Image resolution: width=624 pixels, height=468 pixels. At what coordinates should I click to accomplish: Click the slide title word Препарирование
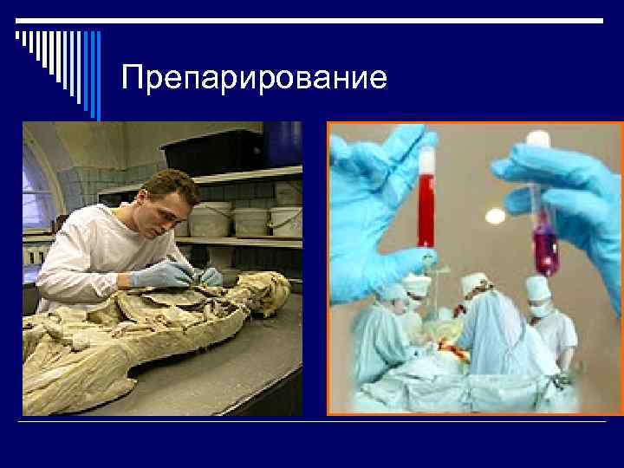click(x=254, y=78)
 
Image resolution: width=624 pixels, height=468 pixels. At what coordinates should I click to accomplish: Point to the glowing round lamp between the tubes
click(x=495, y=215)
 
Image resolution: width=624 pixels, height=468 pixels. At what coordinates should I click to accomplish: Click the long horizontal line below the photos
click(x=312, y=421)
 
